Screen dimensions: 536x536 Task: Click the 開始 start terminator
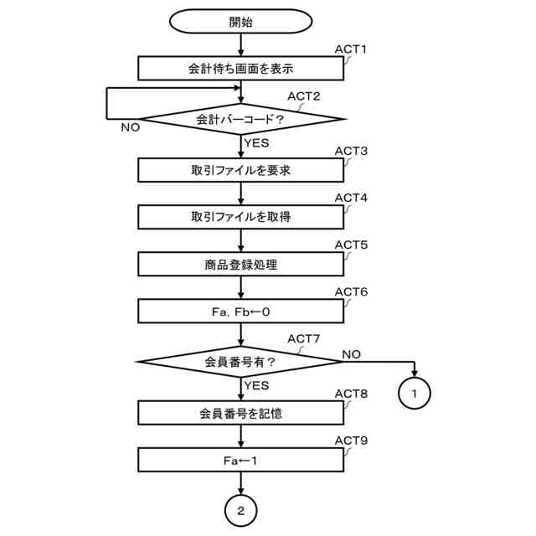click(x=240, y=23)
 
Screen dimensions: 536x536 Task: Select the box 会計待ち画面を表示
click(x=240, y=69)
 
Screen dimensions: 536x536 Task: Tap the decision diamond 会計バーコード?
click(x=240, y=119)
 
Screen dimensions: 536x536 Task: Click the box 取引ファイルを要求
click(x=240, y=170)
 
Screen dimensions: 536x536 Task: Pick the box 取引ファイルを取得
click(x=240, y=217)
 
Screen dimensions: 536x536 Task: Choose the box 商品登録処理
click(x=240, y=265)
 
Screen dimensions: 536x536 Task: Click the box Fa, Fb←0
click(x=240, y=312)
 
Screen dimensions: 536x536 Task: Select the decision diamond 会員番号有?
click(x=240, y=362)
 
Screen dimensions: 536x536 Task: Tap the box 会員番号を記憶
click(x=240, y=413)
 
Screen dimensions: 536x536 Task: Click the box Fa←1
click(x=240, y=460)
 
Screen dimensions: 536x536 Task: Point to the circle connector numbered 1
click(x=414, y=391)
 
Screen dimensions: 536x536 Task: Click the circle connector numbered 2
click(x=240, y=509)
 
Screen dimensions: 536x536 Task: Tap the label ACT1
click(x=351, y=49)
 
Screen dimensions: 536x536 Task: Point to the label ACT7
click(x=304, y=338)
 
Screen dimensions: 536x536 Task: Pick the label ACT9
click(x=351, y=440)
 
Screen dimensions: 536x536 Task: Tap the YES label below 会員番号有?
click(x=256, y=385)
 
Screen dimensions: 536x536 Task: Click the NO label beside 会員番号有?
click(x=351, y=354)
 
